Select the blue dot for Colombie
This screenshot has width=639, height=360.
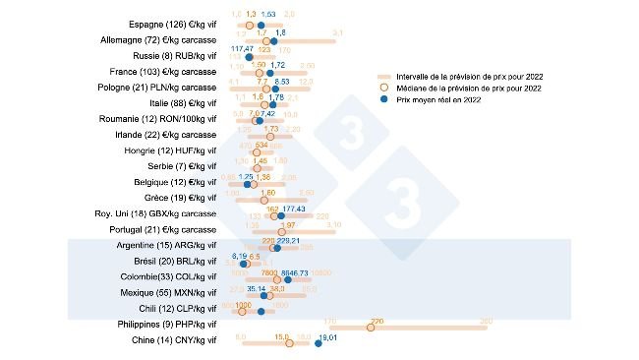287,279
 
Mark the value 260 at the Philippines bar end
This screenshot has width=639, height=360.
484,321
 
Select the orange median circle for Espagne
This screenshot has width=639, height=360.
250,24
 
